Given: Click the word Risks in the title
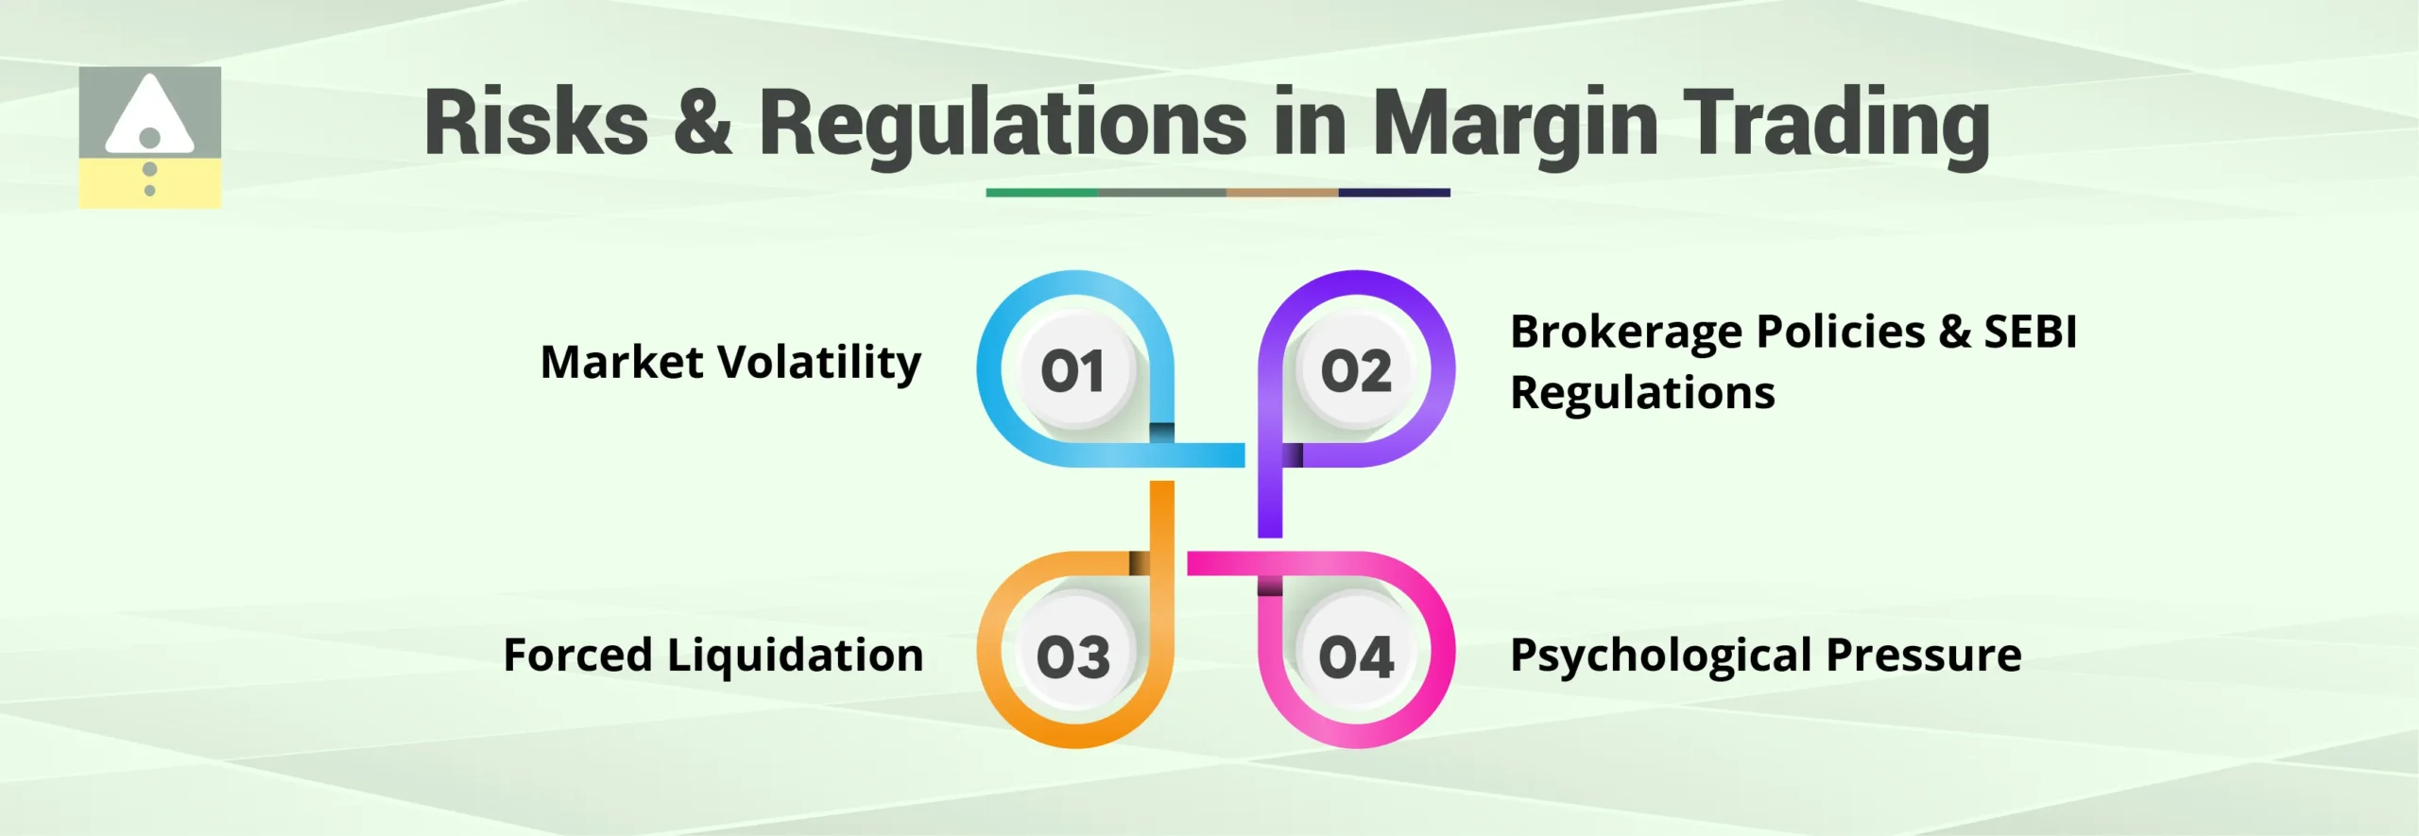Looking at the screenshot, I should (536, 123).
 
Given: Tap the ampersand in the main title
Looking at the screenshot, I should (703, 123).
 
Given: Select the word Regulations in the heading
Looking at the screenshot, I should (1003, 123).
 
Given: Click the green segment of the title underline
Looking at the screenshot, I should (1041, 193).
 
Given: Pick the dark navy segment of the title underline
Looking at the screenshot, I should (1394, 193).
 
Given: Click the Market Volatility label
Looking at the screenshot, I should (730, 363).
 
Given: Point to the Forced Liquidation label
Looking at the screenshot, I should (713, 656).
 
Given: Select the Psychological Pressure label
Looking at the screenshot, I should (1765, 656).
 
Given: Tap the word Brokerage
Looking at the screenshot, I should (1626, 333).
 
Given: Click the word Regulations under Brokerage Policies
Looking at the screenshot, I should (1642, 393).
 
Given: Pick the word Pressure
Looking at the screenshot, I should (1924, 656).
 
